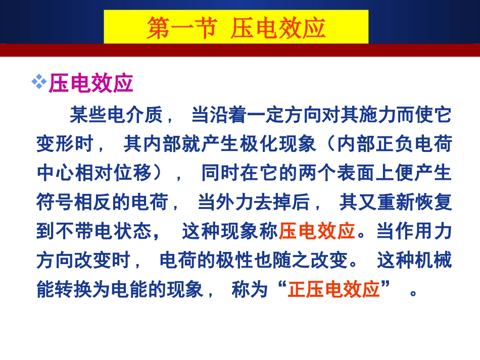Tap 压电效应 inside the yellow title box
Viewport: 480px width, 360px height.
(x=278, y=28)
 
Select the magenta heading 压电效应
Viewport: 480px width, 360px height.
(x=91, y=84)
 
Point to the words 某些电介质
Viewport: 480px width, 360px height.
(x=116, y=116)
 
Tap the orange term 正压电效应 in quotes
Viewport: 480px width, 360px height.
(x=333, y=290)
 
